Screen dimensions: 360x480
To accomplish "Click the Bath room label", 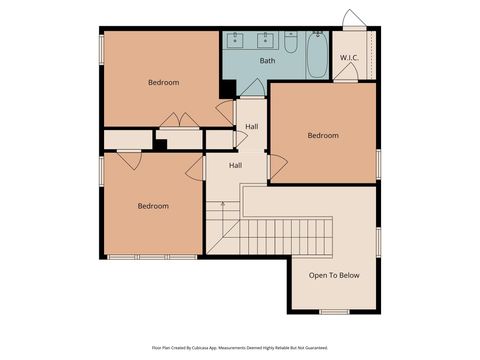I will click(x=267, y=61).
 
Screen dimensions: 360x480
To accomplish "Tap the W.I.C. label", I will click(x=349, y=58).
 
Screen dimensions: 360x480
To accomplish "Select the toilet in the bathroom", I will click(x=290, y=43).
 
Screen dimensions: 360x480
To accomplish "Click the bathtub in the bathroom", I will click(x=316, y=55).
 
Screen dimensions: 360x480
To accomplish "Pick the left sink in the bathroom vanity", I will click(x=238, y=41).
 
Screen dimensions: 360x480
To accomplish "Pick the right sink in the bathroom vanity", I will click(x=266, y=41).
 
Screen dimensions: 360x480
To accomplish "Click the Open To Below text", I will click(x=334, y=275).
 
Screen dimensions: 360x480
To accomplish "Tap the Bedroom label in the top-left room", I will click(x=163, y=83).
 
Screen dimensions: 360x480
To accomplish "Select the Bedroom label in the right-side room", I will click(x=322, y=135).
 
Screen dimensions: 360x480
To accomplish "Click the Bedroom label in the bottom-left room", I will click(x=153, y=206).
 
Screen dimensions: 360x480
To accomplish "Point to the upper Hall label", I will click(x=252, y=127).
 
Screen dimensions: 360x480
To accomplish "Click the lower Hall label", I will click(x=235, y=165).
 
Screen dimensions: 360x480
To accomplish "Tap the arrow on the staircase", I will click(x=223, y=205).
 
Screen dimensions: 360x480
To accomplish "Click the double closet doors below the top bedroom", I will click(x=179, y=121).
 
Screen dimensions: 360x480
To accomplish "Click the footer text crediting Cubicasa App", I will click(x=239, y=347).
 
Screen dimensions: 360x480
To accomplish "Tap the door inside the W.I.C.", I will click(x=346, y=76).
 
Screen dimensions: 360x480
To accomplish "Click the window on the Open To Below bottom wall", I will click(x=334, y=311).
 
